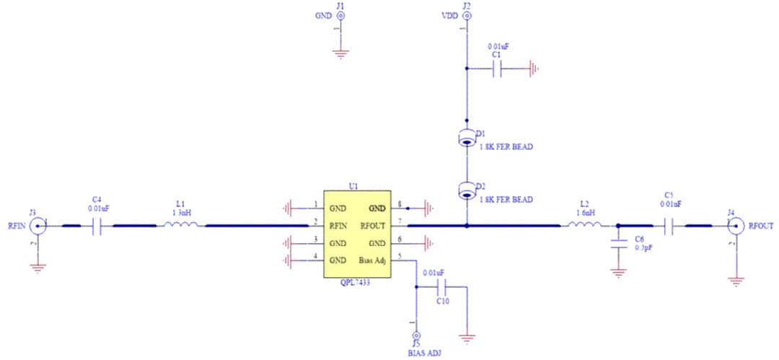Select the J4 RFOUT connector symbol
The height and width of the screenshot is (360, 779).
point(735,227)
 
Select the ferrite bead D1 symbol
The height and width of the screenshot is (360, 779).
point(467,137)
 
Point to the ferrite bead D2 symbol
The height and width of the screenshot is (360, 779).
point(467,190)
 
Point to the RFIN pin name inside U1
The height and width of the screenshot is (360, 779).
point(340,226)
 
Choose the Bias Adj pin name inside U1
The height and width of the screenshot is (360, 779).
point(372,260)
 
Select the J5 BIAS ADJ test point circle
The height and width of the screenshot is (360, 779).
point(415,336)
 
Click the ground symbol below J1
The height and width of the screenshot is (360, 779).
point(340,51)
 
